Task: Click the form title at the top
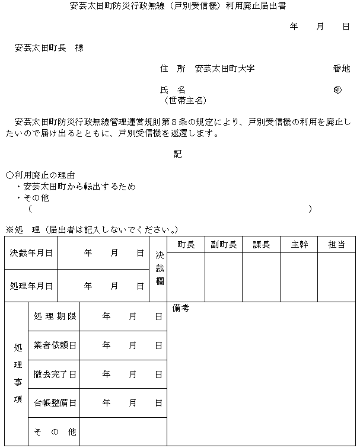(x=179, y=7)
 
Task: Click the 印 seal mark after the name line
(x=337, y=90)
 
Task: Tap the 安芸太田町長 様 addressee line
(x=49, y=48)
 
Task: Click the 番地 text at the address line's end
(x=341, y=69)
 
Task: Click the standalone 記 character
(x=178, y=153)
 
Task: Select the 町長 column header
(x=186, y=245)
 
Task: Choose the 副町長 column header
(x=224, y=245)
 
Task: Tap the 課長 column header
(x=261, y=245)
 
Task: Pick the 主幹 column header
(x=299, y=245)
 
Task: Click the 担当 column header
(x=336, y=245)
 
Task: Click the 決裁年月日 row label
(x=31, y=253)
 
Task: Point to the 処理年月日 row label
(x=31, y=286)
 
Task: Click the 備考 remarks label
(x=181, y=308)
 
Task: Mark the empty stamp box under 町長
(x=186, y=277)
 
